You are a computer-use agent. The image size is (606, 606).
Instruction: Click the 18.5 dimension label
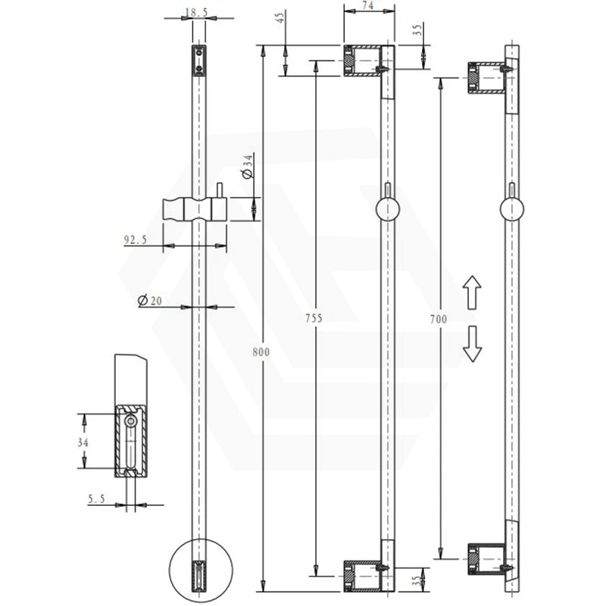click(x=196, y=13)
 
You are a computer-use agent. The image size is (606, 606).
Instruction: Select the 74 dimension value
click(x=368, y=5)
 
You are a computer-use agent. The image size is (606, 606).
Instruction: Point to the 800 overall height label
click(x=261, y=352)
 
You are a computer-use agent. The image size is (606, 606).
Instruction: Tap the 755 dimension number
click(x=314, y=318)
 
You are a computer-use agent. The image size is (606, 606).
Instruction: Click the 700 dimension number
click(x=439, y=319)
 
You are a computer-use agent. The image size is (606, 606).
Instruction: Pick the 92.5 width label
click(x=136, y=240)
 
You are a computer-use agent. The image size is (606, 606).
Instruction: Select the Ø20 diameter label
click(x=150, y=300)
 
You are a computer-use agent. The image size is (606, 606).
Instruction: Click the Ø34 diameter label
click(x=247, y=166)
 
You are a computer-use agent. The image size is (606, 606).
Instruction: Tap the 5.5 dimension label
click(x=96, y=499)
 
